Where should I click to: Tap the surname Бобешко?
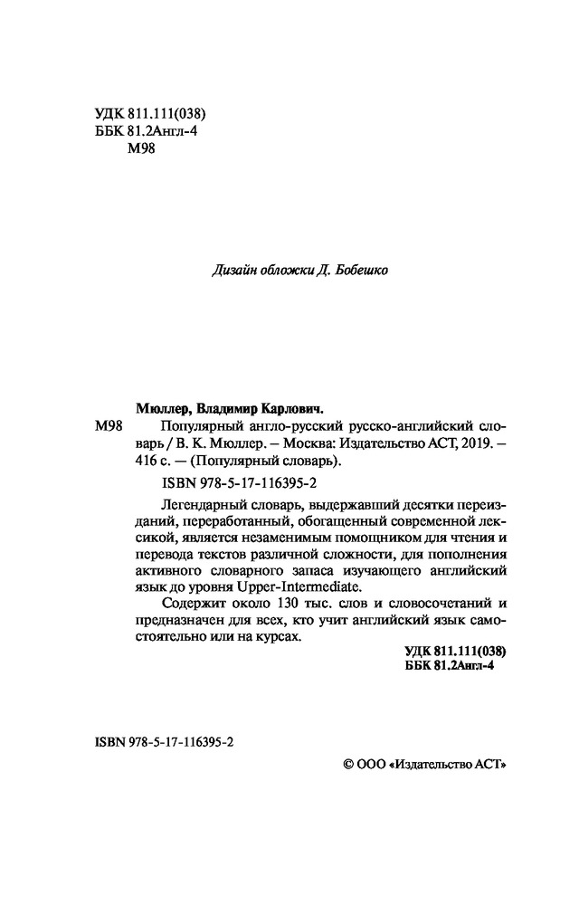(x=365, y=269)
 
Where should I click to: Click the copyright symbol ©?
(x=349, y=765)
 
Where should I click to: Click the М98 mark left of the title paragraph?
(x=107, y=426)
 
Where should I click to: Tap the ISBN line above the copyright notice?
(x=163, y=740)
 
